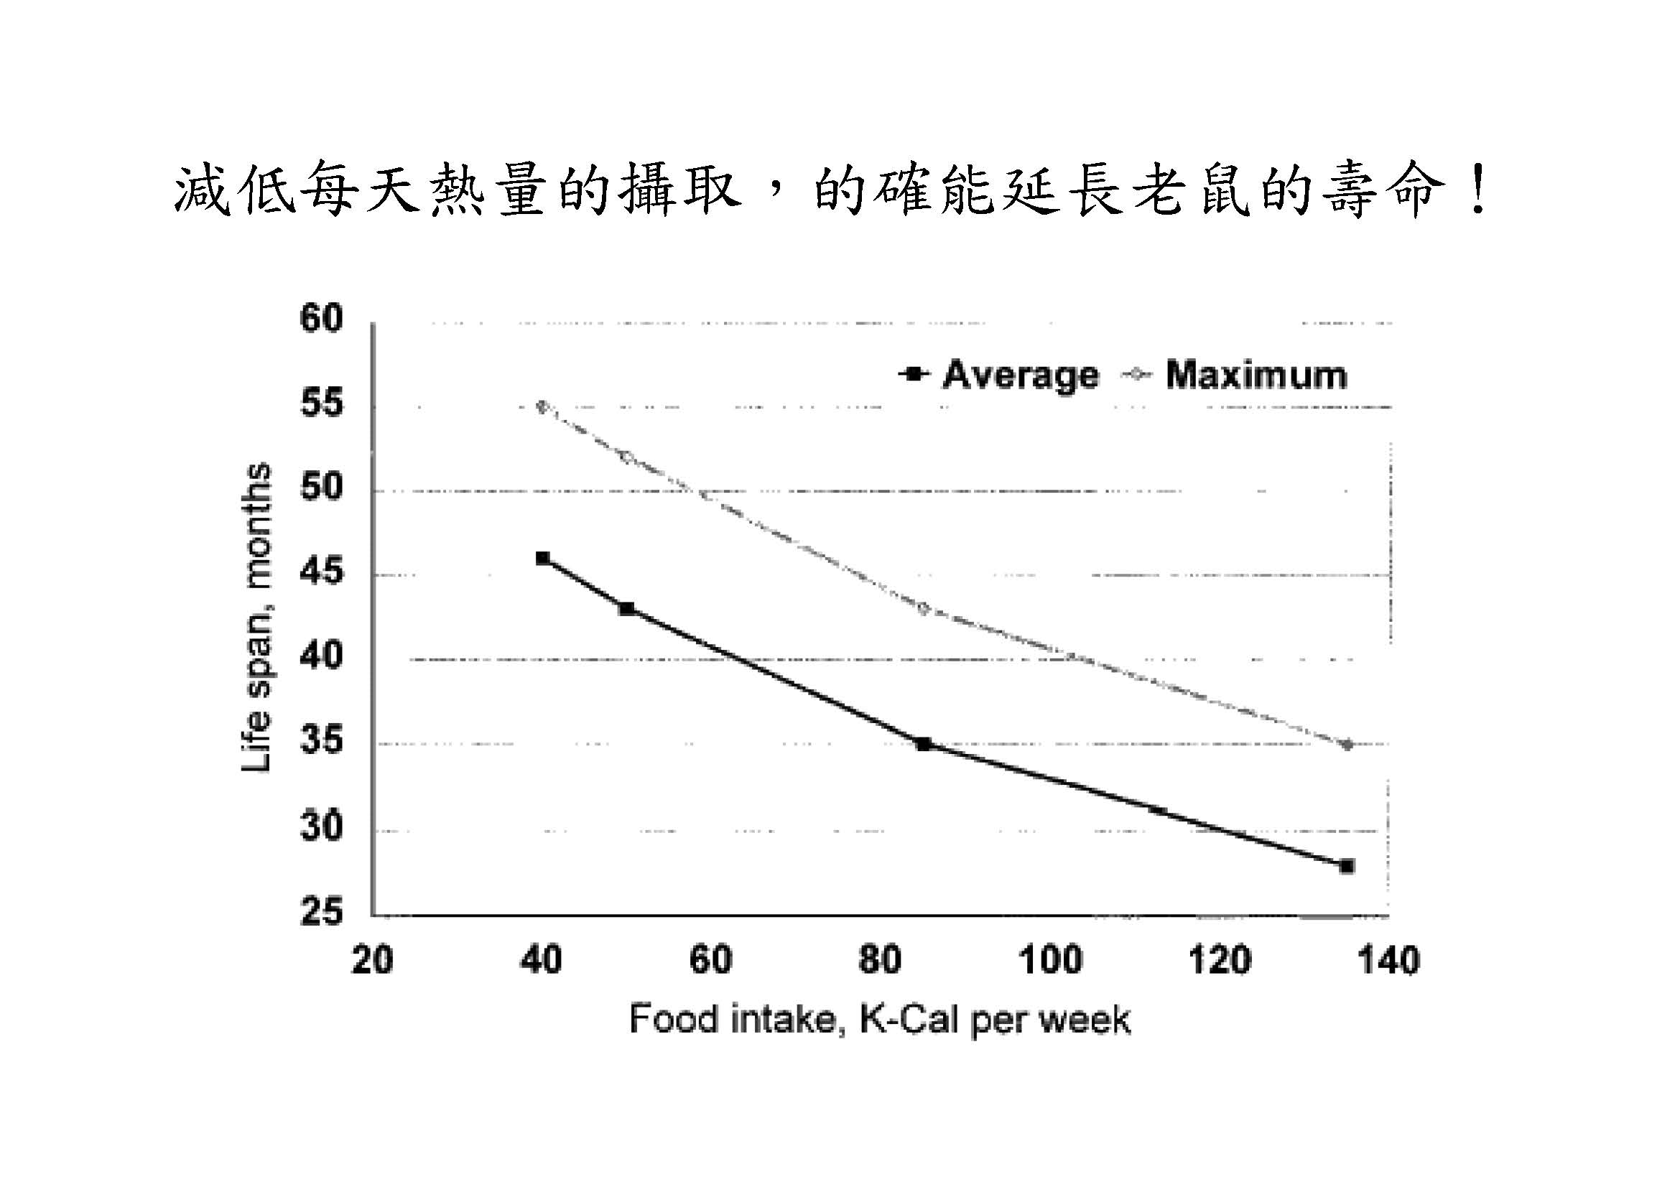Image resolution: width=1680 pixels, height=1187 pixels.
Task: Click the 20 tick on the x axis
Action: click(x=372, y=959)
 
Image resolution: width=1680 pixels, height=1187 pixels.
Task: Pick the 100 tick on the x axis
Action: click(x=1050, y=959)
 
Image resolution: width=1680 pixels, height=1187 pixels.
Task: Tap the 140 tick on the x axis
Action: click(x=1388, y=959)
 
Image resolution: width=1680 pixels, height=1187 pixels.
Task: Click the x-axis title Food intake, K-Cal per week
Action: click(x=880, y=1020)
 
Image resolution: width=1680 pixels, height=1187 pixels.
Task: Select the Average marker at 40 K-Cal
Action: click(x=542, y=559)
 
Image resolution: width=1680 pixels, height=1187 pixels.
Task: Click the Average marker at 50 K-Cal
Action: click(x=626, y=608)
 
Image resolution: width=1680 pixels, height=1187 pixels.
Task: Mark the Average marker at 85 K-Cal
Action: click(x=924, y=745)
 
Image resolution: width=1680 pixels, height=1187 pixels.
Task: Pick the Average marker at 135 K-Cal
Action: click(x=1346, y=867)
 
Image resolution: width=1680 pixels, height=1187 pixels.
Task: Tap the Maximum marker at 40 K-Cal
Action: click(x=542, y=406)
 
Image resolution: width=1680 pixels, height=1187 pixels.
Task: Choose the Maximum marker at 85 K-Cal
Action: click(x=924, y=609)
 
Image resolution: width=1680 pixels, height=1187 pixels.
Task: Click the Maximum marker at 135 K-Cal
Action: click(x=1346, y=745)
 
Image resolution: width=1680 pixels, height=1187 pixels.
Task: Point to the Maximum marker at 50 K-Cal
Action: click(x=626, y=457)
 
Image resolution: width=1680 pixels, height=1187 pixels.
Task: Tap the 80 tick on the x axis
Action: click(x=880, y=959)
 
